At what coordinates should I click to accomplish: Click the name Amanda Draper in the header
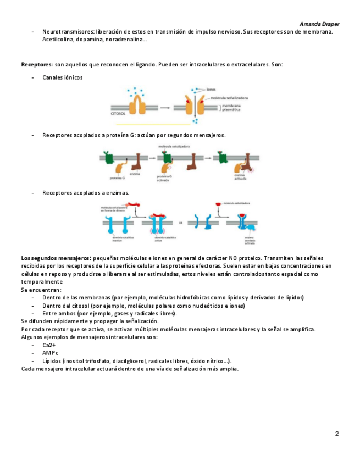pos(319,25)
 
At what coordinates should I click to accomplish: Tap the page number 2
pos(337,434)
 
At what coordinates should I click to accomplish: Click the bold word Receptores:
pos(37,64)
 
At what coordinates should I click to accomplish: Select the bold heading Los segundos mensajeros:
pos(56,258)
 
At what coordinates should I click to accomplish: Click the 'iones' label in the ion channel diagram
pos(212,89)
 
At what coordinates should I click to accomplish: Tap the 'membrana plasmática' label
pos(233,107)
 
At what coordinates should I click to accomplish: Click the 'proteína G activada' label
pos(164,176)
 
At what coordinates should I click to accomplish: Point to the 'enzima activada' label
pos(240,176)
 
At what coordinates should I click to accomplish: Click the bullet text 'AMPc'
pos(50,353)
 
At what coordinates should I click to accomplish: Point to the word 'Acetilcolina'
pos(59,40)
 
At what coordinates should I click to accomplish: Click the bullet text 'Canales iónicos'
pos(62,77)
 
